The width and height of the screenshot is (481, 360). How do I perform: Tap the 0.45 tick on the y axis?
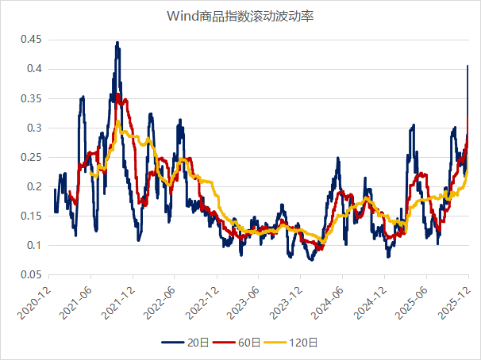31,40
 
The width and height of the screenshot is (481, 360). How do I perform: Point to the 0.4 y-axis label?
34,69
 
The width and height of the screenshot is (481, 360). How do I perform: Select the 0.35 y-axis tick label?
31,98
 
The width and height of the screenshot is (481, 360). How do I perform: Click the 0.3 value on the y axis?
34,128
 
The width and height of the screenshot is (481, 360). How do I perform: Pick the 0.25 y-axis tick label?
31,157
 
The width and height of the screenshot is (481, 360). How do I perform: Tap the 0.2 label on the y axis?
34,186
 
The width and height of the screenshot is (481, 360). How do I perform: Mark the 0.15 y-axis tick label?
31,216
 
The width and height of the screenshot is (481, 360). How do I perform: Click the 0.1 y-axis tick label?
34,245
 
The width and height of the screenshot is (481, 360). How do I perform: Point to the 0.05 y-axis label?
31,274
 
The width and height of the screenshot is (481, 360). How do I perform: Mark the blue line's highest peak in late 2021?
117,43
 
